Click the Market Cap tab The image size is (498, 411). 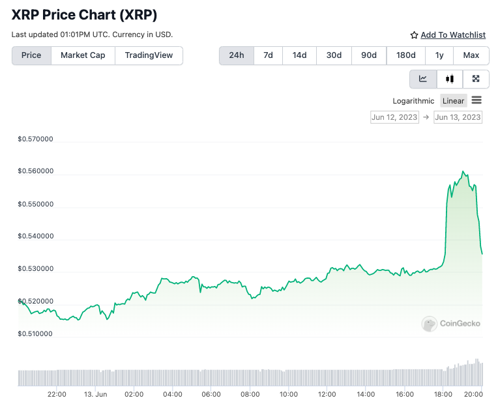tap(83, 55)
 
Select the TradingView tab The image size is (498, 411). tap(149, 55)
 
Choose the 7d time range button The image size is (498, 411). tap(268, 55)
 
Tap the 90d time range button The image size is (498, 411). tap(369, 55)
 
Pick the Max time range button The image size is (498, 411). tap(471, 55)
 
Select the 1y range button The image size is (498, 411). tap(439, 55)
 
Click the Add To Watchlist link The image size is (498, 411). tap(452, 35)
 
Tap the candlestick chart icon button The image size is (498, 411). tap(450, 79)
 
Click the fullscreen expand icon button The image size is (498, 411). tap(476, 79)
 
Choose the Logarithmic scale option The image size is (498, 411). tap(413, 100)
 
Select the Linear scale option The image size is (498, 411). tap(453, 100)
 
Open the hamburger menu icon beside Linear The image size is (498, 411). tap(476, 100)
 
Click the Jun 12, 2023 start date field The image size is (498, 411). tap(394, 117)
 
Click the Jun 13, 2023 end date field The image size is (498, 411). tap(458, 117)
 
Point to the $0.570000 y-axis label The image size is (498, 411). tap(35, 139)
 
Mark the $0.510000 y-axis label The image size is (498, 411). tap(35, 333)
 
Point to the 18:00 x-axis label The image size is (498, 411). tap(443, 394)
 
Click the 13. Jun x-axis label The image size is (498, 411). tap(96, 394)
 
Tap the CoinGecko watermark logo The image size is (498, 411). tap(450, 323)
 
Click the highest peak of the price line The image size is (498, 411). tap(463, 171)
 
